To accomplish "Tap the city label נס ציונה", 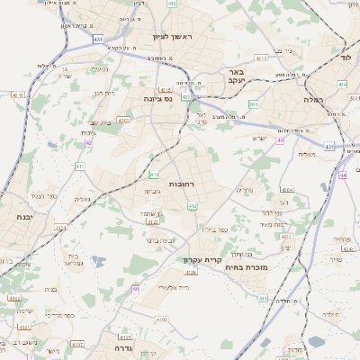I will point(165,99).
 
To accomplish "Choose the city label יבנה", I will point(24,217).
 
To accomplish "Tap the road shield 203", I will point(253,104).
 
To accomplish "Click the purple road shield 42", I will point(88,143).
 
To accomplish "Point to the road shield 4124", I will point(60,229).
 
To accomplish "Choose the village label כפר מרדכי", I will point(57,316).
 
